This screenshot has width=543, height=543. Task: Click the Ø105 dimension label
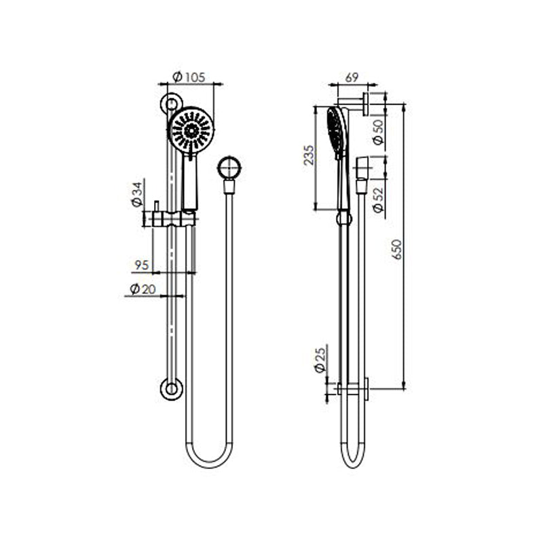188,77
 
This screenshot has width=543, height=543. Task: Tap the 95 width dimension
141,265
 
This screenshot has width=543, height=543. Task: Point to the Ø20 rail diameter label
142,289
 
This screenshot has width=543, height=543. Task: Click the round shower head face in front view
191,129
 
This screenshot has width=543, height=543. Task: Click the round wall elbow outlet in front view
229,167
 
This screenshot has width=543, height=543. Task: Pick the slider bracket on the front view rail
175,219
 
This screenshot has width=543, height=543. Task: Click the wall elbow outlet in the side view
362,170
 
